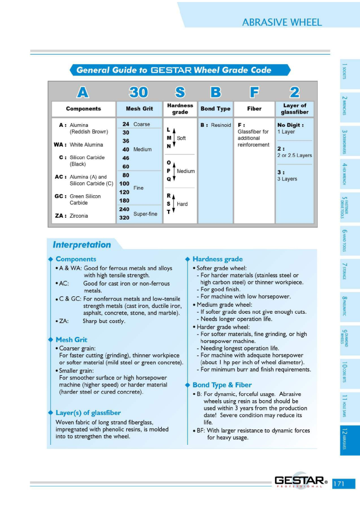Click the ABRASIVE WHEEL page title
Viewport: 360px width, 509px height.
click(x=282, y=22)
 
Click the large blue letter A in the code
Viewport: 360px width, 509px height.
click(x=83, y=92)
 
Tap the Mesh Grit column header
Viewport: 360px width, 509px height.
click(x=136, y=109)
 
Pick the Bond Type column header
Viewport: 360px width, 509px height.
click(x=215, y=109)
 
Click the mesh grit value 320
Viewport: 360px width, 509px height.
click(x=124, y=218)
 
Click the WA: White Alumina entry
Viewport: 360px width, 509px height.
click(x=79, y=145)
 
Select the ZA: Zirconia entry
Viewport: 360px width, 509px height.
click(x=71, y=216)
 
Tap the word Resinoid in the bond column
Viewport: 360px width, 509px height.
click(x=221, y=125)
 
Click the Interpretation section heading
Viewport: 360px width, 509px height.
click(x=82, y=245)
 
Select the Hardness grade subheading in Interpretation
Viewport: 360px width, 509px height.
click(x=217, y=259)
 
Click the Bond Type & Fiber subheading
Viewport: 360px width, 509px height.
click(x=222, y=385)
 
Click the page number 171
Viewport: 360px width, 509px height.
click(x=344, y=483)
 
